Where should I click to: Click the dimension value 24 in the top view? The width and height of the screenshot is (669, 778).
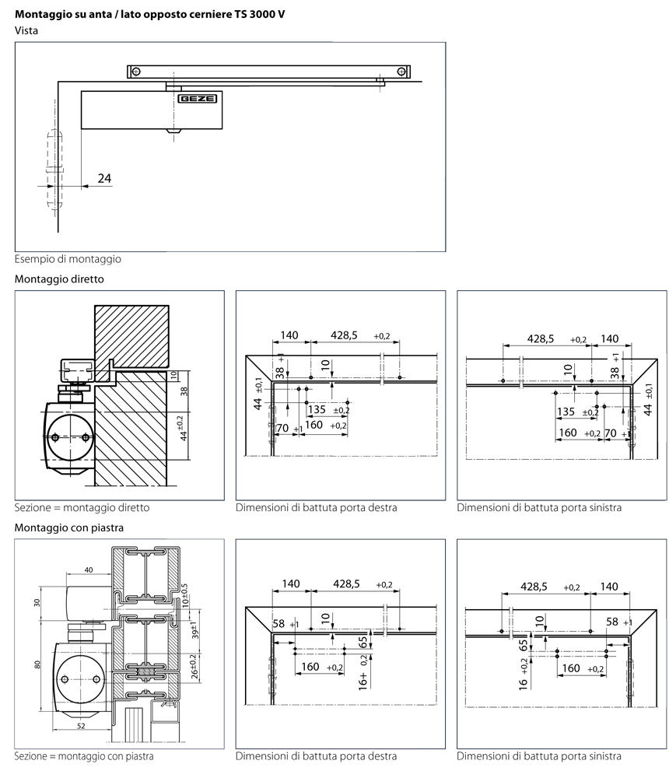[x=104, y=178]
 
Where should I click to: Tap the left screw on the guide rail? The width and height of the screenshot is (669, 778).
[x=137, y=72]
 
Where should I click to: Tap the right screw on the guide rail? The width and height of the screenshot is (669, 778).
[x=401, y=72]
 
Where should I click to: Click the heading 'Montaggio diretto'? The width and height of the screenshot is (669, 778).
[x=58, y=278]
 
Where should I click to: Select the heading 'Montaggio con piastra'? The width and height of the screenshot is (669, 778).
[x=68, y=527]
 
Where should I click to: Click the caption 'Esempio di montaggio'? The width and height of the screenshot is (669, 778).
[x=68, y=258]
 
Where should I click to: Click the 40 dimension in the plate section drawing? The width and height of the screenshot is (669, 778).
[x=88, y=569]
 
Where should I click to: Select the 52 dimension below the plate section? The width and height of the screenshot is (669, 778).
[x=80, y=725]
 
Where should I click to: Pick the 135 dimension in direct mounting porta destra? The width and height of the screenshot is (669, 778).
[x=316, y=410]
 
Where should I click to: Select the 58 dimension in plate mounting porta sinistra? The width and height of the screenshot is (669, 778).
[x=612, y=622]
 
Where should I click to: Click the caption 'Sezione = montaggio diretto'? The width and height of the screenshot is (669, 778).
[x=81, y=507]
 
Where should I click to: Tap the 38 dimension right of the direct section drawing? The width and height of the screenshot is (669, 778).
[x=184, y=393]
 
